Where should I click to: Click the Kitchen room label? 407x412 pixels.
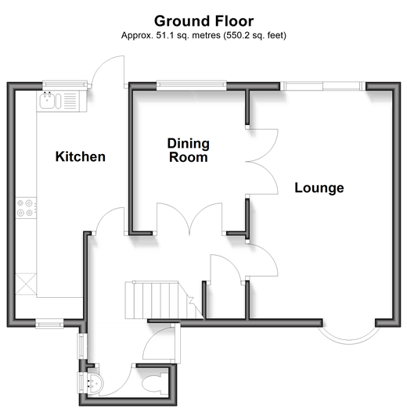81,156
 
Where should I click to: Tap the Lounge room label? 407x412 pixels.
319,188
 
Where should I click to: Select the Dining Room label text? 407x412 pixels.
189,150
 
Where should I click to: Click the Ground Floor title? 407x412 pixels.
204,21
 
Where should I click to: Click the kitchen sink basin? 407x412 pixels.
47,101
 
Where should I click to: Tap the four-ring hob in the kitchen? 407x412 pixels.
26,208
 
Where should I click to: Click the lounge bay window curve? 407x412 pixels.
349,341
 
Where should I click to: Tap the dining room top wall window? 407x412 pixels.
192,84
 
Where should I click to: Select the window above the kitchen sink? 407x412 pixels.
65,84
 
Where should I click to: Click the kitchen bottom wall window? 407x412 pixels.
50,324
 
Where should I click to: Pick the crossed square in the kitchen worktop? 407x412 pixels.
26,284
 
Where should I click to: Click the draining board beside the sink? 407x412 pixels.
70,100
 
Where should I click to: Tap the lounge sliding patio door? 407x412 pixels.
322,86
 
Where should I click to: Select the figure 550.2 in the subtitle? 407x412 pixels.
236,35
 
